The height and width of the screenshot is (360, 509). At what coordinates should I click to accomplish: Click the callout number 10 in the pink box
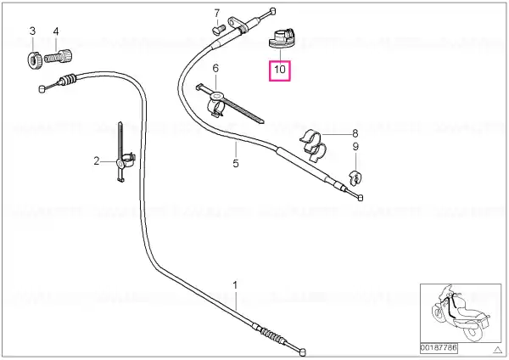click(x=279, y=70)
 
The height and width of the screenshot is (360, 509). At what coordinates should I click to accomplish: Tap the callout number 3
click(x=32, y=31)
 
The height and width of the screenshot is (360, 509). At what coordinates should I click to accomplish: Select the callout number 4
click(x=56, y=31)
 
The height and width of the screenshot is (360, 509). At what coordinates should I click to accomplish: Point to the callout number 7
click(x=217, y=14)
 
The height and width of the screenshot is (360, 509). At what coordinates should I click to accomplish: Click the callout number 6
click(x=215, y=68)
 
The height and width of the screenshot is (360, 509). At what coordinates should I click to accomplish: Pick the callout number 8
click(x=355, y=133)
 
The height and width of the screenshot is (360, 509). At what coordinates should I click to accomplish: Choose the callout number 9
click(x=355, y=147)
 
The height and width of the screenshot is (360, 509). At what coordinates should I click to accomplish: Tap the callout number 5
click(x=236, y=163)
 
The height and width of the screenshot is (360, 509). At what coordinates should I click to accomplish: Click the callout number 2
click(x=97, y=160)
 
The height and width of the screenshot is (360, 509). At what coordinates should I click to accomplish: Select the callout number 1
click(x=235, y=285)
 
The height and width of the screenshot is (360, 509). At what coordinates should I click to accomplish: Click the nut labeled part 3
click(x=34, y=59)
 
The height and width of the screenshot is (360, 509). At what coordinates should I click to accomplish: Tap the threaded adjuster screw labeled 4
click(x=58, y=56)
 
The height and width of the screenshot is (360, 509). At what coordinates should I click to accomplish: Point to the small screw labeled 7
click(x=219, y=30)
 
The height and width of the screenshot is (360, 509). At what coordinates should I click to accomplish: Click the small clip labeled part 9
click(x=355, y=178)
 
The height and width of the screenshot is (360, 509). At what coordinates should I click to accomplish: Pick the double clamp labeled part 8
click(x=313, y=145)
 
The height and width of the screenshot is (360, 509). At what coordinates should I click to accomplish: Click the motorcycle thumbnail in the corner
click(x=461, y=313)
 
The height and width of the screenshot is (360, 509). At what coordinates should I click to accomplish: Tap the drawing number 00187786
click(x=439, y=348)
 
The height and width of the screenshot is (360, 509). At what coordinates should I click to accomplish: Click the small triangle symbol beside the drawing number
click(x=498, y=350)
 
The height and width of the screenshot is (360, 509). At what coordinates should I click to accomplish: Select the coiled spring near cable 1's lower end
click(x=272, y=335)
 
